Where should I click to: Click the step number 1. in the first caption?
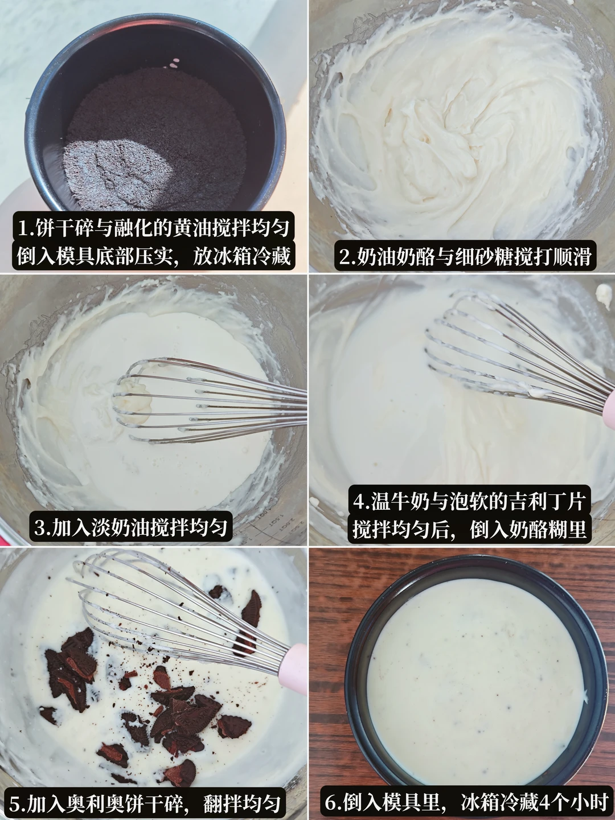pyautogui.click(x=26, y=227)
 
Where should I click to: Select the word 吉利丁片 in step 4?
pyautogui.click(x=535, y=501)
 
